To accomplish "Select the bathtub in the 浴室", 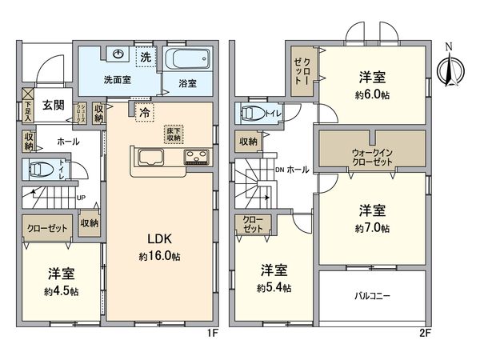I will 190,59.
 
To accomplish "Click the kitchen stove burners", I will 197,155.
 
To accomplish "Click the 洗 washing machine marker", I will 146,58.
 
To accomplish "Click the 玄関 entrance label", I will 54,105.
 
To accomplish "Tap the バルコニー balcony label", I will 373,296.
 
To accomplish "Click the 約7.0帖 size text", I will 374,228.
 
